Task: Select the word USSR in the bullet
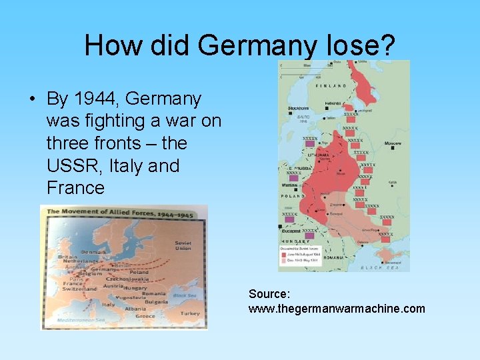point(71,165)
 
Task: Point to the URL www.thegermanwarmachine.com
point(336,308)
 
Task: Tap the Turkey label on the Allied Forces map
point(190,313)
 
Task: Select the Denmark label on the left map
point(93,253)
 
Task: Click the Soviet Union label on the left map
point(183,246)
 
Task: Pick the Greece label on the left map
point(145,317)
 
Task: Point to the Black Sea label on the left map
point(183,295)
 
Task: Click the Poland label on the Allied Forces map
point(139,272)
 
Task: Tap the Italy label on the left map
point(108,305)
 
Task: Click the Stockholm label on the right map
point(297,107)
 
